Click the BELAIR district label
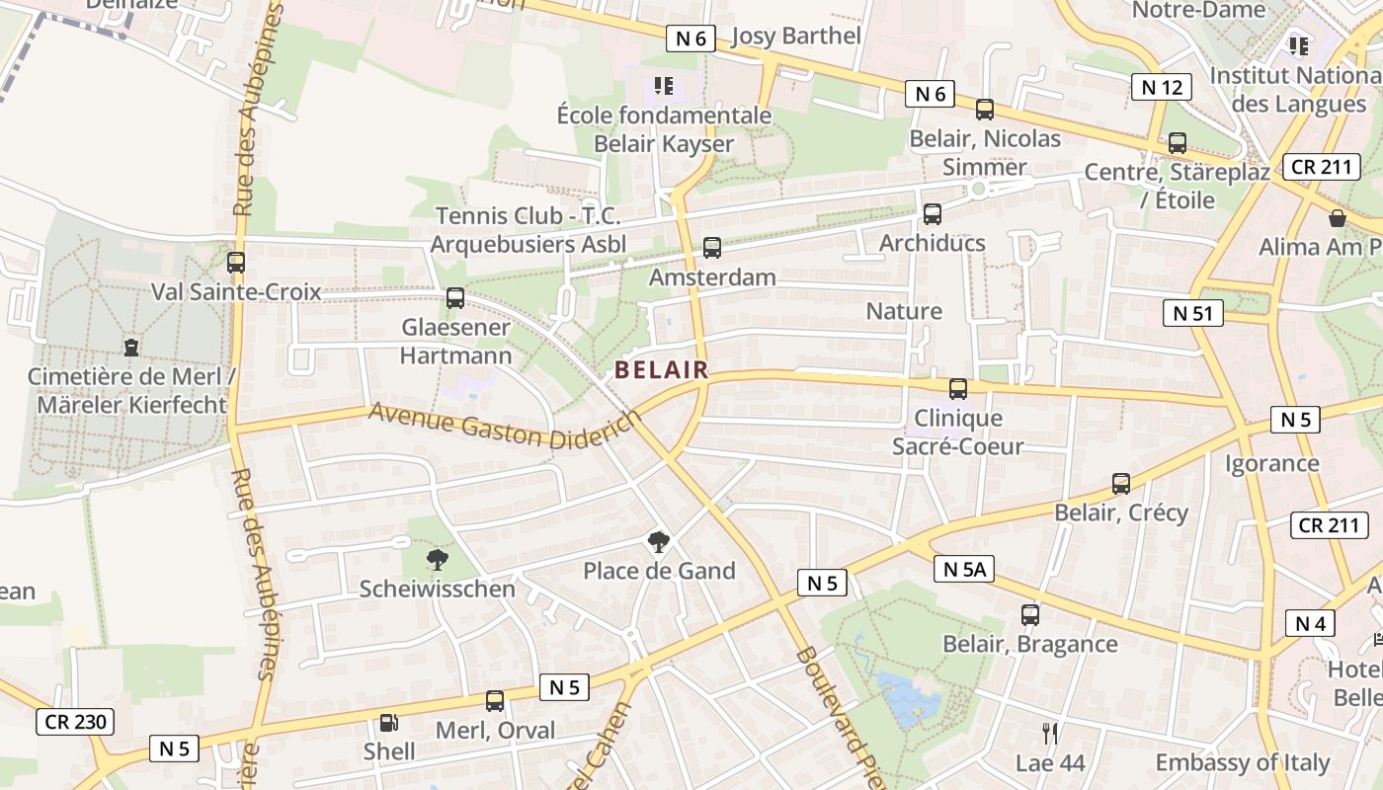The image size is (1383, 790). pyautogui.click(x=661, y=370)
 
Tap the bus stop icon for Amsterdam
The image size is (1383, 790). pyautogui.click(x=711, y=248)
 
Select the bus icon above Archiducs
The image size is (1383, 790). pyautogui.click(x=932, y=213)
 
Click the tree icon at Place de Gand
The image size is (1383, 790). pyautogui.click(x=658, y=541)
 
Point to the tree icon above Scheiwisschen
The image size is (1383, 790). pyautogui.click(x=437, y=560)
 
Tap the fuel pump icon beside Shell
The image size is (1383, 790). pyautogui.click(x=389, y=723)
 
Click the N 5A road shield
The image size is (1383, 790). pyautogui.click(x=963, y=569)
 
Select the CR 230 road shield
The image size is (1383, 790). pyautogui.click(x=75, y=722)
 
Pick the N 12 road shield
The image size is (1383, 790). pyautogui.click(x=1161, y=87)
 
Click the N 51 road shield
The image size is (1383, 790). pyautogui.click(x=1192, y=314)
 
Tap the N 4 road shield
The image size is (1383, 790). pyautogui.click(x=1310, y=623)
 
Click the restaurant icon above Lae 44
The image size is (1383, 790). pyautogui.click(x=1050, y=733)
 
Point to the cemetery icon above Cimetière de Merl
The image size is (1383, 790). pyautogui.click(x=130, y=348)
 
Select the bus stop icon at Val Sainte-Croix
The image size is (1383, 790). pyautogui.click(x=235, y=263)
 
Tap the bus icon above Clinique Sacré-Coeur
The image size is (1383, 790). pyautogui.click(x=957, y=389)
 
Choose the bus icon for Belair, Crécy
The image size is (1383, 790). pyautogui.click(x=1120, y=484)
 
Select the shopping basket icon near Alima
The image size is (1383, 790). pyautogui.click(x=1337, y=218)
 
